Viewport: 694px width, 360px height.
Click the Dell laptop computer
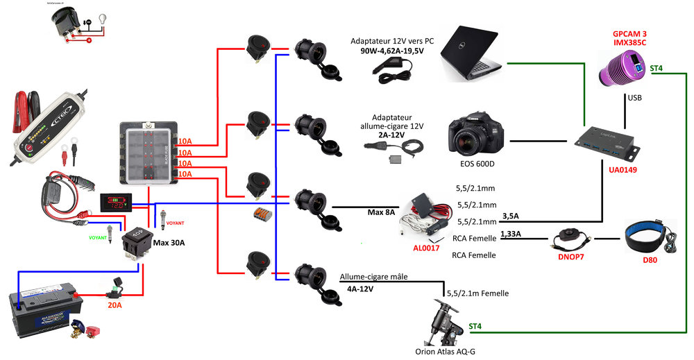[x=471, y=54]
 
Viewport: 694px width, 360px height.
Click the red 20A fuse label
[x=114, y=303]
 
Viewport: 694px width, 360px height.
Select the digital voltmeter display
[x=115, y=203]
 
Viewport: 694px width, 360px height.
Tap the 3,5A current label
[x=511, y=216]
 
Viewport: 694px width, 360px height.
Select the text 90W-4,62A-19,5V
[x=391, y=51]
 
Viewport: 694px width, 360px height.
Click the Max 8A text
[x=381, y=212]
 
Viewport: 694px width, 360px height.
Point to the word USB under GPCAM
[x=634, y=98]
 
